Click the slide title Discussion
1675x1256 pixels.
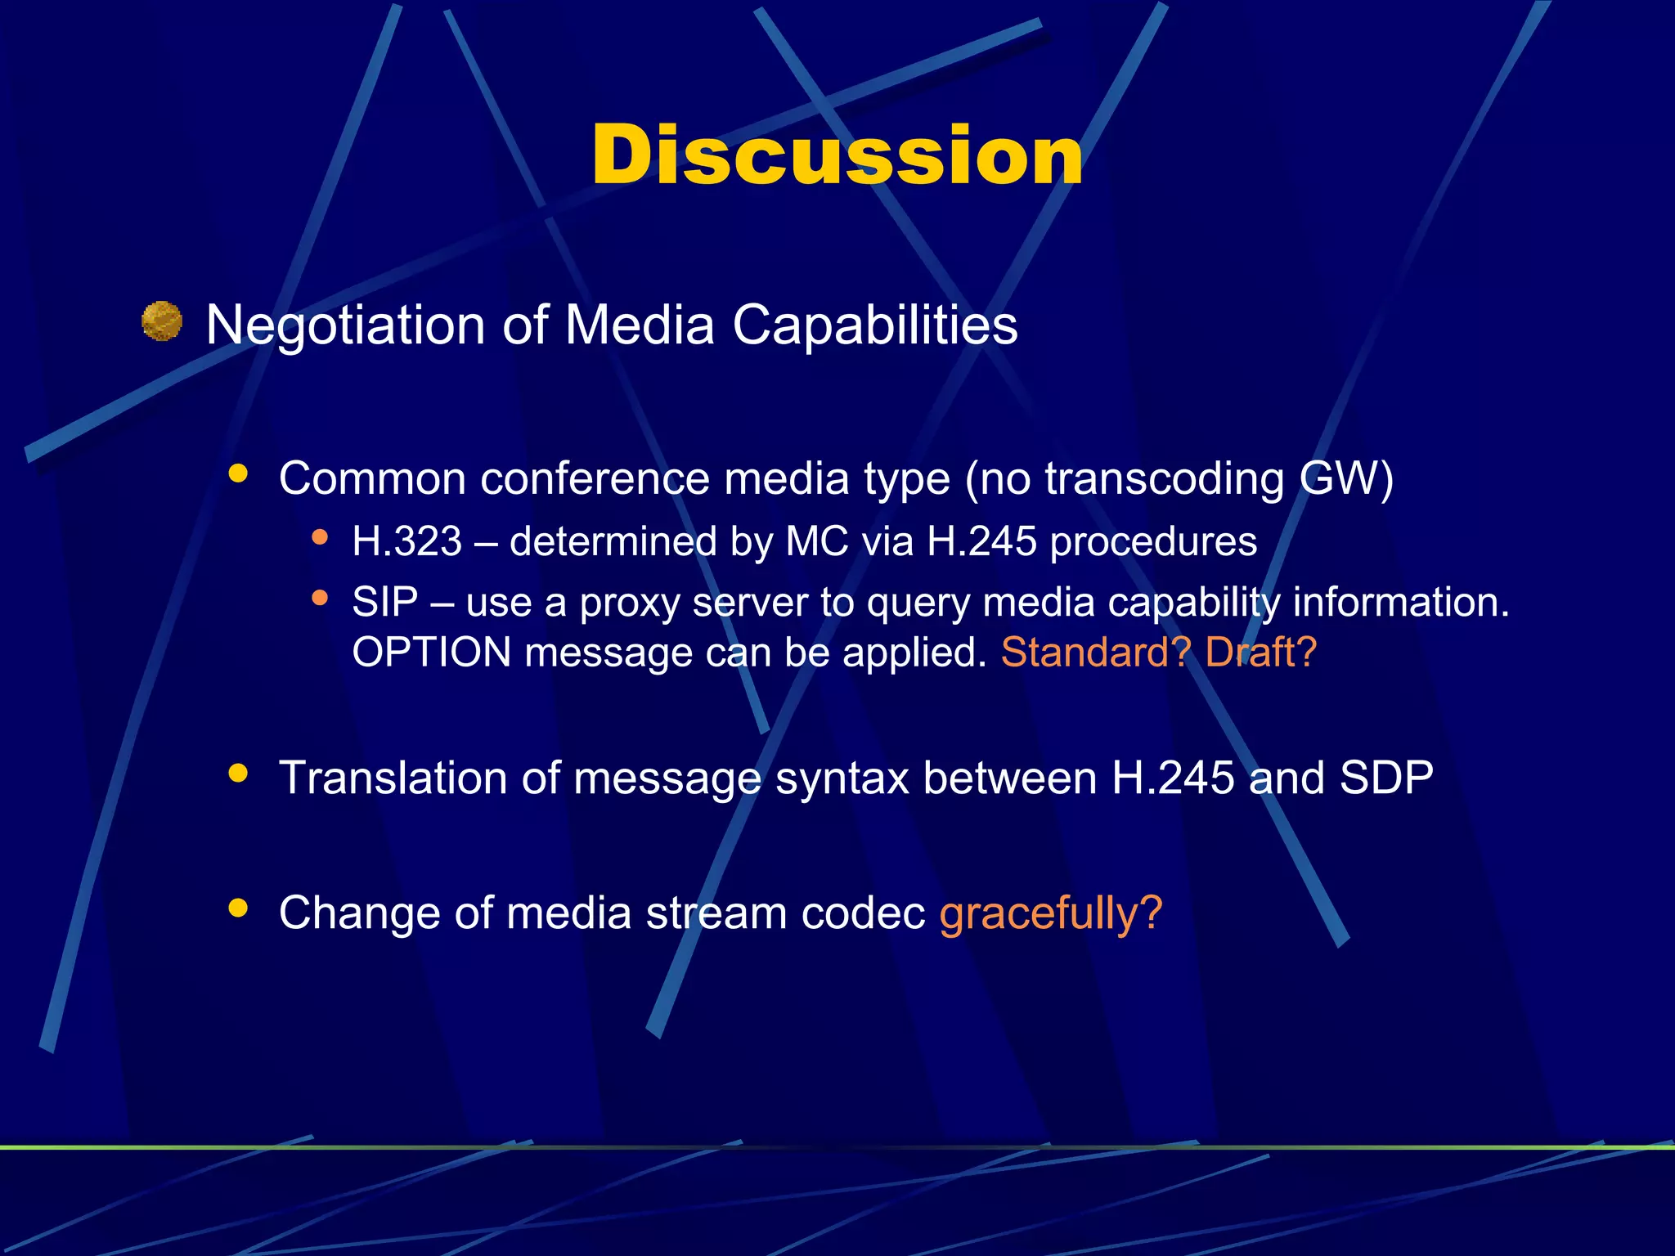coord(837,155)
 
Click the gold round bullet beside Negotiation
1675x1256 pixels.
coord(162,321)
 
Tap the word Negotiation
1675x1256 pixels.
coord(346,326)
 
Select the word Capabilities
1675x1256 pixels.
coord(874,326)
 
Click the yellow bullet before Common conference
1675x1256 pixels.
coord(238,473)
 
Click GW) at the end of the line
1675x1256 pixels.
coord(1347,479)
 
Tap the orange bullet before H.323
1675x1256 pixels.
coord(320,537)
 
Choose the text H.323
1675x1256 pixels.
coord(406,542)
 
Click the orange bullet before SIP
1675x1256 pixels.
coord(320,599)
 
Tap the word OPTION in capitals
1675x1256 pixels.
coord(431,653)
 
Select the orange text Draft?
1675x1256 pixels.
coord(1260,653)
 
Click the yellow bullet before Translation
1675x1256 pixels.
coord(238,773)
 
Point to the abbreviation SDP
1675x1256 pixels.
coord(1386,778)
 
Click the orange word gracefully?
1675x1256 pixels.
coord(1051,914)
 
